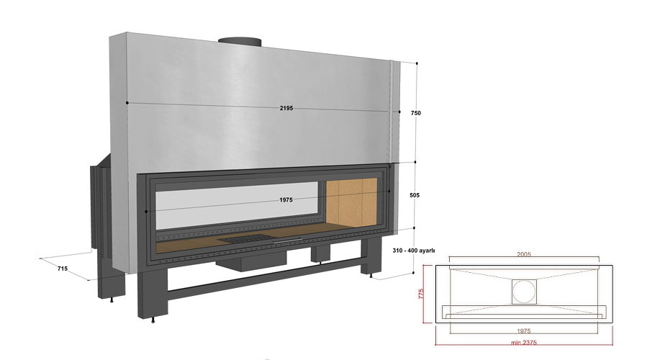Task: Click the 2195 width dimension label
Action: coord(286,108)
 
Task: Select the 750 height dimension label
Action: coord(416,113)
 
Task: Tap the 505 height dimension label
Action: coord(415,195)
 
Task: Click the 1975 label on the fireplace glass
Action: coord(286,200)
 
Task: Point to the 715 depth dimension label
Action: coord(63,269)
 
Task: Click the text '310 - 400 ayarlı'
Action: coord(413,251)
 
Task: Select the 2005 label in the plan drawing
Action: coord(524,254)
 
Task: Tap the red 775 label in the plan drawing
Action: coord(421,294)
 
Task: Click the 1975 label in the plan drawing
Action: coord(524,330)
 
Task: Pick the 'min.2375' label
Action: coord(524,342)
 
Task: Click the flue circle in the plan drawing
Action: coord(524,292)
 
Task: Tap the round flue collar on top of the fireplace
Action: coord(240,42)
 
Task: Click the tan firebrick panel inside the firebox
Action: coord(351,202)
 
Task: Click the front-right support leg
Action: coord(372,257)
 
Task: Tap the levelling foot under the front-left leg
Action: coord(153,320)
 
